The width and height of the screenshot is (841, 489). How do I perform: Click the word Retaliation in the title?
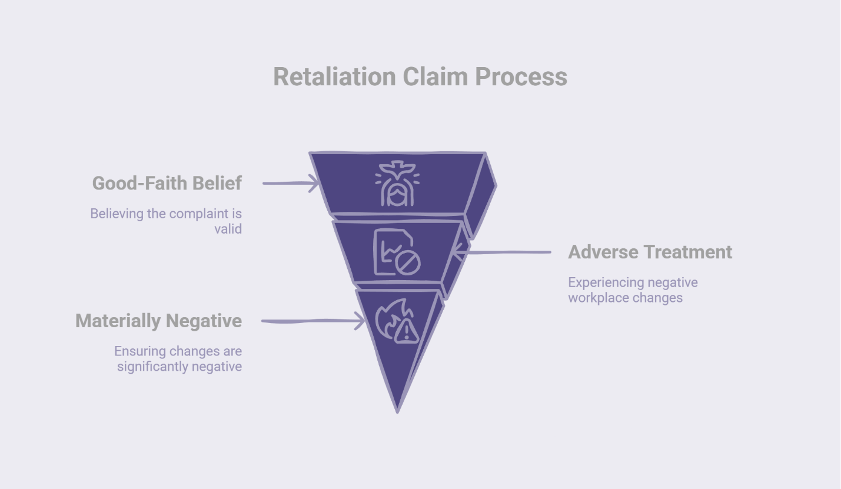334,76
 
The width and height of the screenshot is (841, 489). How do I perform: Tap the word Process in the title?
521,76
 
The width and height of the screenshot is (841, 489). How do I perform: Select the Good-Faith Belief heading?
167,183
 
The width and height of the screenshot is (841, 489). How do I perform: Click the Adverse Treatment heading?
650,252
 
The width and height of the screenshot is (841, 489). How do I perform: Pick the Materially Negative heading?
158,321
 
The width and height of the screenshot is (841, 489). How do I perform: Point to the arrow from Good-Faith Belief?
290,183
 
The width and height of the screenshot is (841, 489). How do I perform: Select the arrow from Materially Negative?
313,321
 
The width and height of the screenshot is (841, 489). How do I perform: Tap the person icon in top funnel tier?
397,184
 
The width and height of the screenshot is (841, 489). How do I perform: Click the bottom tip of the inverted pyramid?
398,410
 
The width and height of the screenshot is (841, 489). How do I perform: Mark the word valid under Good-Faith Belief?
228,229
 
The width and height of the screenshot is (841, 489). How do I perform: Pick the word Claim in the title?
436,76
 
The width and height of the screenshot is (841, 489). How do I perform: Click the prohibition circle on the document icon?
407,263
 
